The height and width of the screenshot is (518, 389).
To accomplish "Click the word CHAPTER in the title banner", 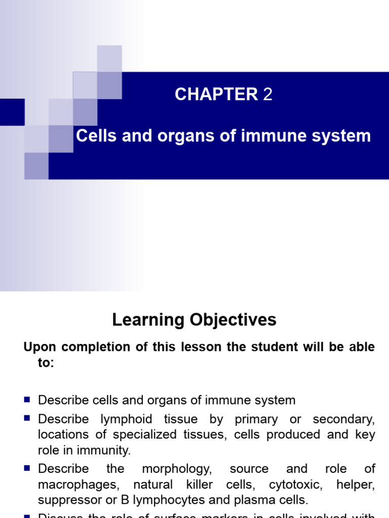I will pos(216,95).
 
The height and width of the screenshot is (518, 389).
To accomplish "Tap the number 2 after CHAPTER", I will pos(268,95).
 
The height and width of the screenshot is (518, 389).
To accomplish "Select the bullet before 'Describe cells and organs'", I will pos(27,400).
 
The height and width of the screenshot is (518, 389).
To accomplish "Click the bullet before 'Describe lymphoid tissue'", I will pos(27,418).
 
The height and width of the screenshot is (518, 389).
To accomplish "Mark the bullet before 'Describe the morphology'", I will pos(27,468).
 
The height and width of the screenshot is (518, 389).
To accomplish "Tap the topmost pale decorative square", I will pos(109,58).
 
